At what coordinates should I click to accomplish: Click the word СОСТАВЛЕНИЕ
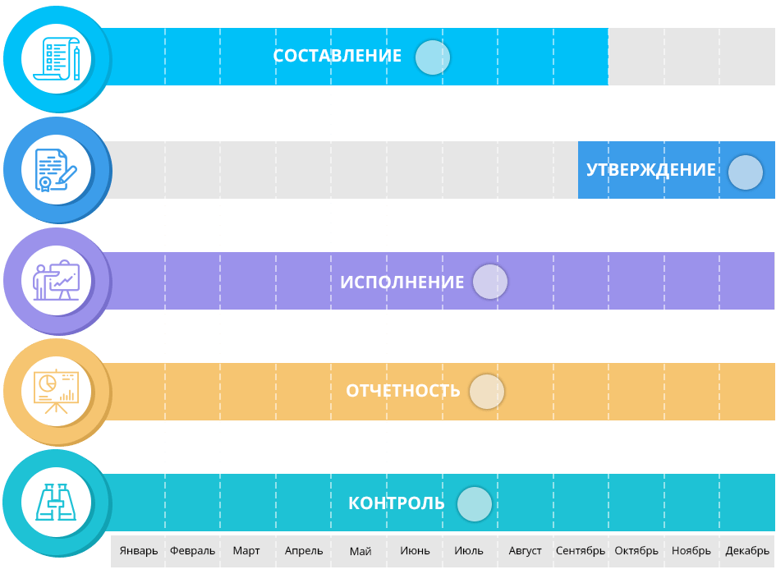pyautogui.click(x=337, y=56)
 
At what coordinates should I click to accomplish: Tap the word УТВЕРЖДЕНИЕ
pyautogui.click(x=651, y=170)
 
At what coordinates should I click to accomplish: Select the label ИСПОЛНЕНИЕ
pyautogui.click(x=402, y=282)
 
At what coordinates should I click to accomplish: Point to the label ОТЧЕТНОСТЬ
pyautogui.click(x=403, y=391)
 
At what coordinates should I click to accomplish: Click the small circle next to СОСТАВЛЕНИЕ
pyautogui.click(x=433, y=57)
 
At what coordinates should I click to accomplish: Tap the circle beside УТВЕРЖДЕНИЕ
pyautogui.click(x=746, y=172)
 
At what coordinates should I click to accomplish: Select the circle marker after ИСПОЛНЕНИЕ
pyautogui.click(x=490, y=282)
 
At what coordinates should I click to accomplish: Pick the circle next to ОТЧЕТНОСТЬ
pyautogui.click(x=487, y=392)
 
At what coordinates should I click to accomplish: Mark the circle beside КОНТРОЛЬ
pyautogui.click(x=475, y=504)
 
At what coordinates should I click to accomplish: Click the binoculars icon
pyautogui.click(x=56, y=503)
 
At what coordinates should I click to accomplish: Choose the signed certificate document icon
pyautogui.click(x=56, y=170)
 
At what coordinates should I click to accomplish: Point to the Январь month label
pyautogui.click(x=139, y=551)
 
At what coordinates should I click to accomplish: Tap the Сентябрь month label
pyautogui.click(x=581, y=551)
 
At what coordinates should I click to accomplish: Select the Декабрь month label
pyautogui.click(x=747, y=551)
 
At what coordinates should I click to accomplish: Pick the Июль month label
pyautogui.click(x=469, y=551)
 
